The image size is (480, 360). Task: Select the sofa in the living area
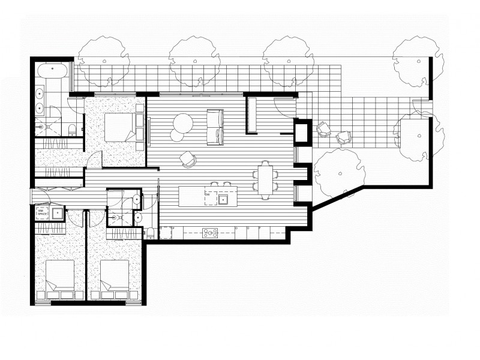(215, 127)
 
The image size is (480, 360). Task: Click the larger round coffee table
(182, 123)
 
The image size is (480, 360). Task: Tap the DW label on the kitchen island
(207, 195)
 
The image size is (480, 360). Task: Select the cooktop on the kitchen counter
(210, 233)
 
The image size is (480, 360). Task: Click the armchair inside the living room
(188, 159)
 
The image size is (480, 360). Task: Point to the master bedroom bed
(120, 127)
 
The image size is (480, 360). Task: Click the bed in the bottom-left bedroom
(59, 277)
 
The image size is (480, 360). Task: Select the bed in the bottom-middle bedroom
(115, 277)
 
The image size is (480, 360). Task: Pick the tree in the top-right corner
(418, 59)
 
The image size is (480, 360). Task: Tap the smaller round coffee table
(176, 136)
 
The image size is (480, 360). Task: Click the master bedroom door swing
(95, 159)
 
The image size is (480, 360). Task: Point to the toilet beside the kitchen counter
(151, 233)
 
